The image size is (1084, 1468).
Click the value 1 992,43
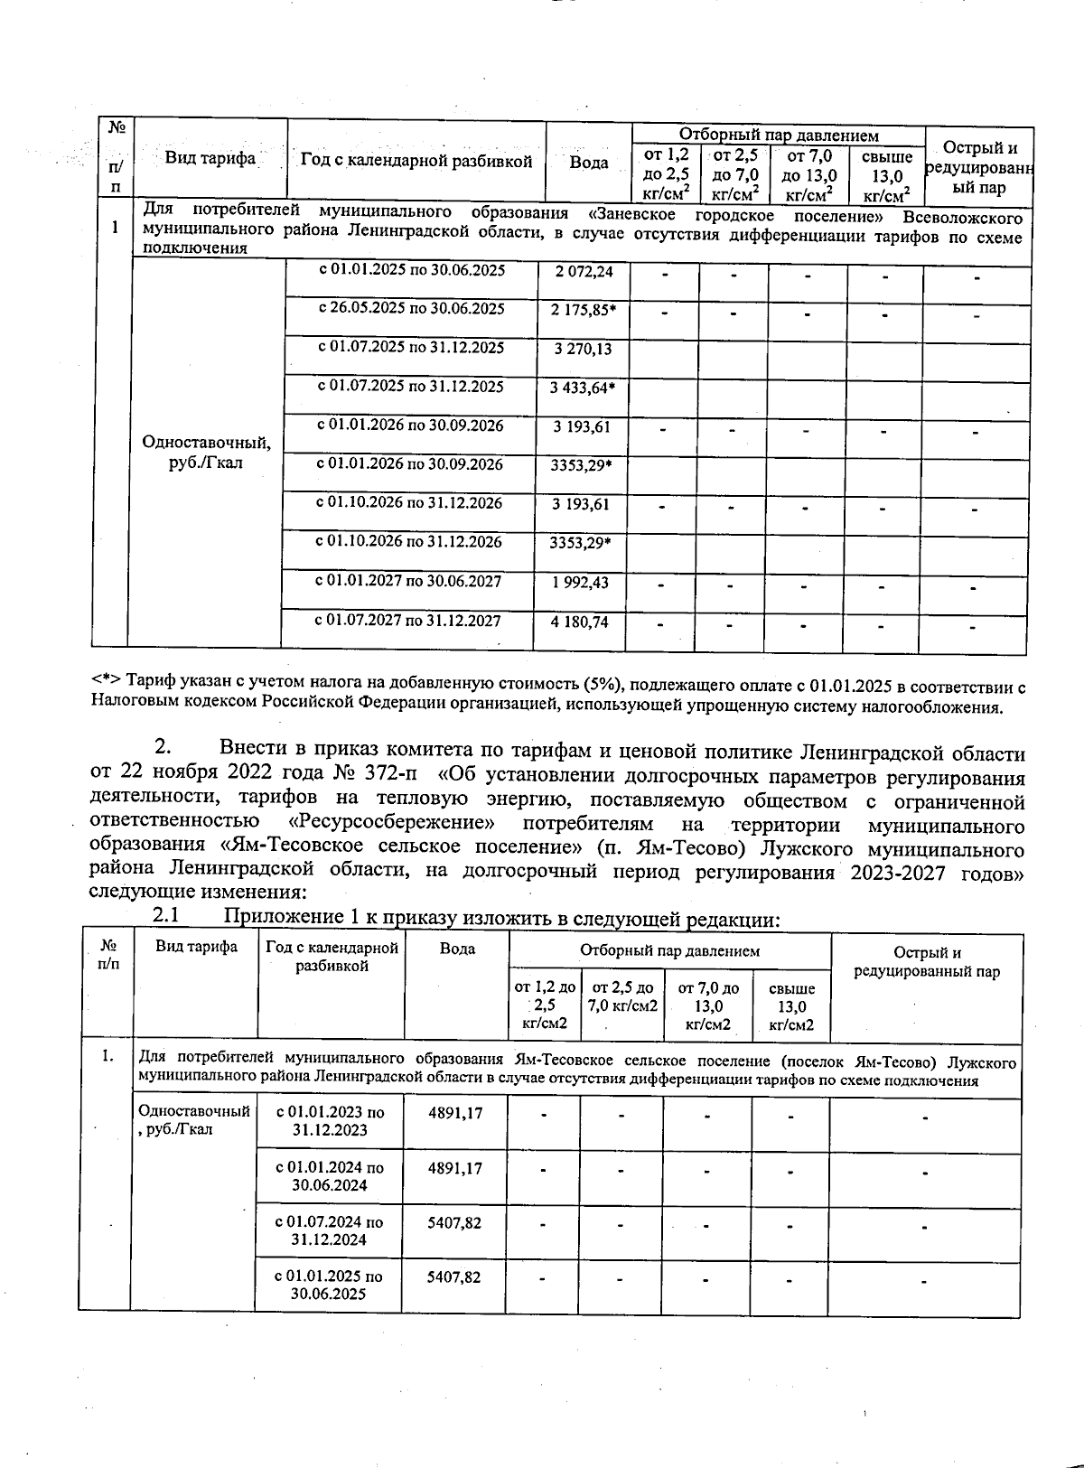(580, 583)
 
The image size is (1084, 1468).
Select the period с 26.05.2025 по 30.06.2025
(411, 309)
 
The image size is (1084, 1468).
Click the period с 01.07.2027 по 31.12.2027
(407, 621)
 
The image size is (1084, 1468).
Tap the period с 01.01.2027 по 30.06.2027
(408, 582)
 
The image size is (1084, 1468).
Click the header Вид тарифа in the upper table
(210, 159)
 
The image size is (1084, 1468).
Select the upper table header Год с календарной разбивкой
(416, 162)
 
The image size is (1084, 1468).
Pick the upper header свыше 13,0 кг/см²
(886, 176)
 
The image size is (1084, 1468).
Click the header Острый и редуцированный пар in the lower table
(927, 962)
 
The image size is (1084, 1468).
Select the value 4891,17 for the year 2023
(454, 1114)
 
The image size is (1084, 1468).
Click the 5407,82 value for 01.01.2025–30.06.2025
(453, 1277)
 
